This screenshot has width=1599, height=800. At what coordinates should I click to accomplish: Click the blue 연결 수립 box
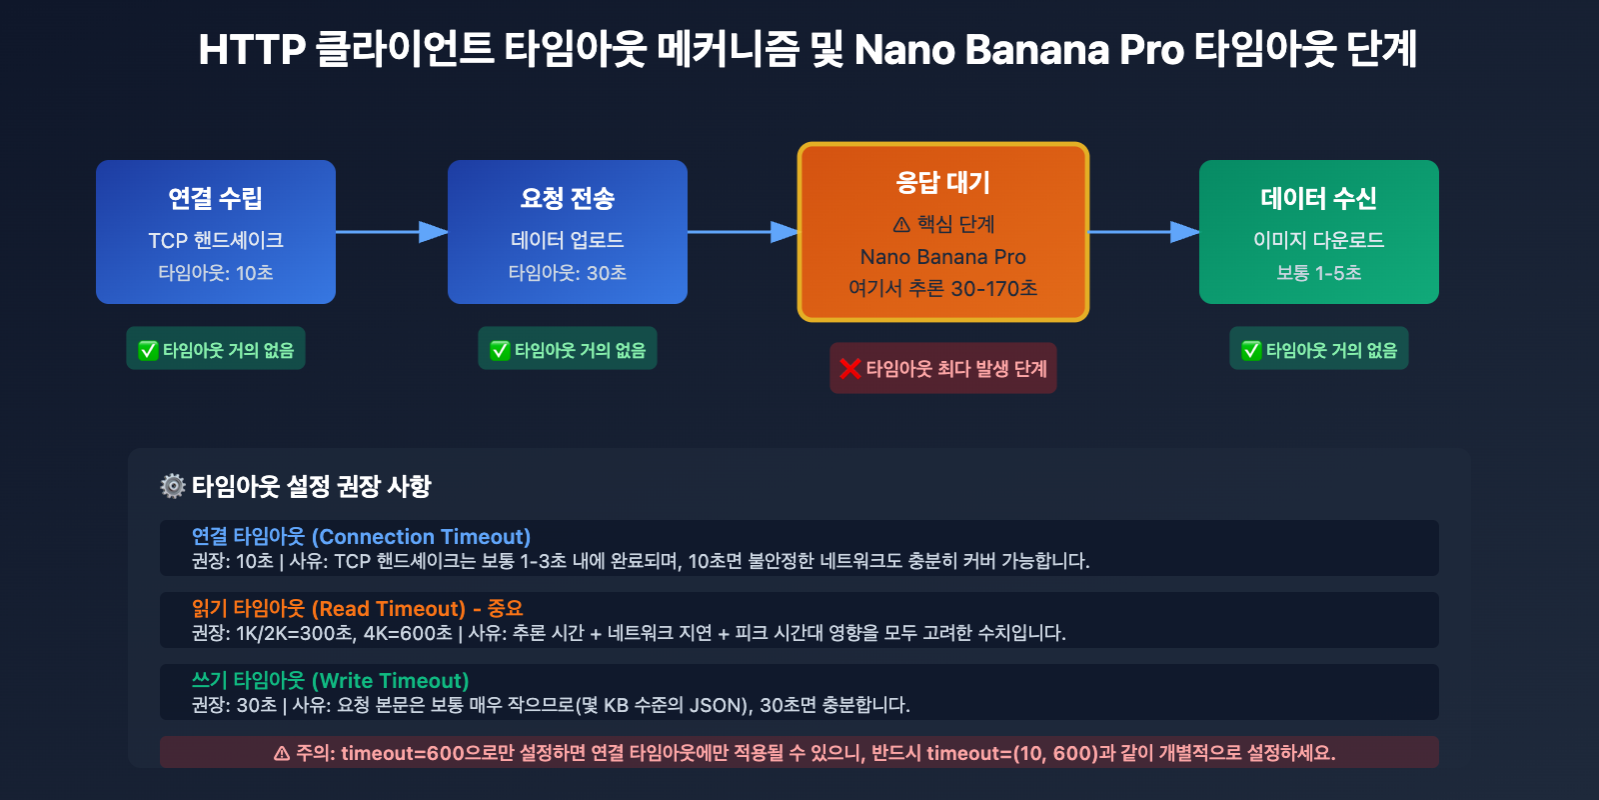tap(216, 231)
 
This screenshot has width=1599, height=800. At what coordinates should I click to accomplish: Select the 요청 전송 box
tap(568, 231)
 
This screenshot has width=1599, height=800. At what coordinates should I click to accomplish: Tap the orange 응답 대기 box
tap(942, 231)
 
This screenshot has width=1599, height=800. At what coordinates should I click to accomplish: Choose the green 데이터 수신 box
tap(1318, 231)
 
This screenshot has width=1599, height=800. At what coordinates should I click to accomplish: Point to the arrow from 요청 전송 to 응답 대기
tap(743, 232)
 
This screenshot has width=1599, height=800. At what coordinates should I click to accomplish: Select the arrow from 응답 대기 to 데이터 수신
tap(1143, 232)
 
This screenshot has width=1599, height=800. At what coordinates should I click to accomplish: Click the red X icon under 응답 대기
tap(850, 369)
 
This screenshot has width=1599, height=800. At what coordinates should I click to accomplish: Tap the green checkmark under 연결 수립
tap(148, 350)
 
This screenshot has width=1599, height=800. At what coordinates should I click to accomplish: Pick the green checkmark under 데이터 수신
tap(1251, 350)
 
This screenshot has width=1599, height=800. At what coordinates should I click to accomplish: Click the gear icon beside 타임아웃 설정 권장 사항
tap(173, 486)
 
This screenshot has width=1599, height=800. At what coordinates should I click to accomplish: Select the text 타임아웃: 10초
tap(216, 273)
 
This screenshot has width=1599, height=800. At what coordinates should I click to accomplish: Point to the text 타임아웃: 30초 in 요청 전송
tap(568, 273)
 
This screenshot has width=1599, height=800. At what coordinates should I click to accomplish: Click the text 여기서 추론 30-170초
tap(942, 289)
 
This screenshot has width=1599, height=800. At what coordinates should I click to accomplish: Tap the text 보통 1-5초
tap(1318, 273)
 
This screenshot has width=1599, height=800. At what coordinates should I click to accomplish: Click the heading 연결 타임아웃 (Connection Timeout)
tap(361, 537)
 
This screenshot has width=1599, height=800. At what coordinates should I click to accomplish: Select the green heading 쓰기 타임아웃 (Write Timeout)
tap(330, 681)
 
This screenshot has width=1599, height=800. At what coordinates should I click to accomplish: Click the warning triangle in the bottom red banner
tap(282, 753)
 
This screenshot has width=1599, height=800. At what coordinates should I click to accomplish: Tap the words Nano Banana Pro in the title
tap(1018, 50)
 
